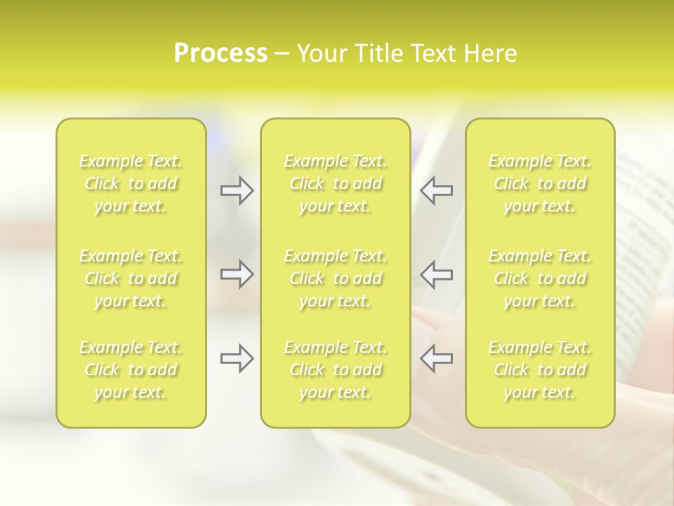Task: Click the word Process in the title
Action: pyautogui.click(x=220, y=53)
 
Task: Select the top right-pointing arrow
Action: pyautogui.click(x=237, y=190)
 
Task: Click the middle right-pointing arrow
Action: pyautogui.click(x=237, y=274)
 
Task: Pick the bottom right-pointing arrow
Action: pyautogui.click(x=237, y=358)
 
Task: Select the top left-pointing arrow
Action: pyautogui.click(x=436, y=190)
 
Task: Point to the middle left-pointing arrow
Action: pyautogui.click(x=436, y=274)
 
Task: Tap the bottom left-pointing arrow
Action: pyautogui.click(x=436, y=358)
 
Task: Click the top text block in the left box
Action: pyautogui.click(x=131, y=184)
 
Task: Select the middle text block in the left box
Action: pyautogui.click(x=131, y=278)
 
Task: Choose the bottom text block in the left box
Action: pyautogui.click(x=131, y=370)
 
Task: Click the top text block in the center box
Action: pyautogui.click(x=336, y=184)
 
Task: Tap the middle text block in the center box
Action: pyautogui.click(x=336, y=278)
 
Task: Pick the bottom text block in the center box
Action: pyautogui.click(x=336, y=370)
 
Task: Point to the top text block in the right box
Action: pyautogui.click(x=540, y=184)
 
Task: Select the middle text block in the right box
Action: pyautogui.click(x=540, y=278)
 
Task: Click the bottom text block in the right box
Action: pyautogui.click(x=540, y=370)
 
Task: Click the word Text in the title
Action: pyautogui.click(x=431, y=53)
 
